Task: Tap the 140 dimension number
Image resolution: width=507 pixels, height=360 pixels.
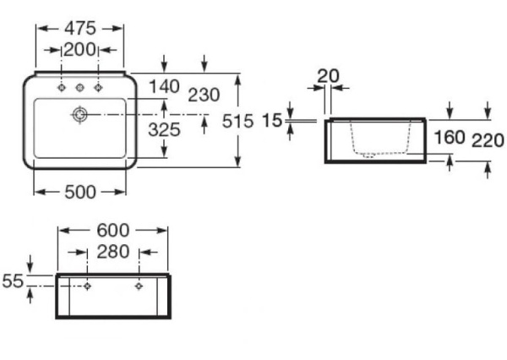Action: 164,86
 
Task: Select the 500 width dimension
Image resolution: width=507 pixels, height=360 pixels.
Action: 80,192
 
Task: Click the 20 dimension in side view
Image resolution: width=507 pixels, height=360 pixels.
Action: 328,76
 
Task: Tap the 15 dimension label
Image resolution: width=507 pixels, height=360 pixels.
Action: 271,121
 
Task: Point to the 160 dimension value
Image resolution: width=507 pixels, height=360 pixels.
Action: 448,137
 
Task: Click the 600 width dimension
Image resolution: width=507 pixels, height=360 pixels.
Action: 112,229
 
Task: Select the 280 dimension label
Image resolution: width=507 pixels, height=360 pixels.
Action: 113,252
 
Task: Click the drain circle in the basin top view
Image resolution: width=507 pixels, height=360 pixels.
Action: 80,113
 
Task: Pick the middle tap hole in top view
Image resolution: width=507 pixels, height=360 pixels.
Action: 80,87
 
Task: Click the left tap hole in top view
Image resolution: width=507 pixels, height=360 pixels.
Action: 63,87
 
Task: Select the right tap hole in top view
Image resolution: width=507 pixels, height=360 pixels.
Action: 98,87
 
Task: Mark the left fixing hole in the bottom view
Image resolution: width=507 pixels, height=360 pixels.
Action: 88,286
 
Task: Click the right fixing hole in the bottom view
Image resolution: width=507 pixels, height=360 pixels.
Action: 139,286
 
